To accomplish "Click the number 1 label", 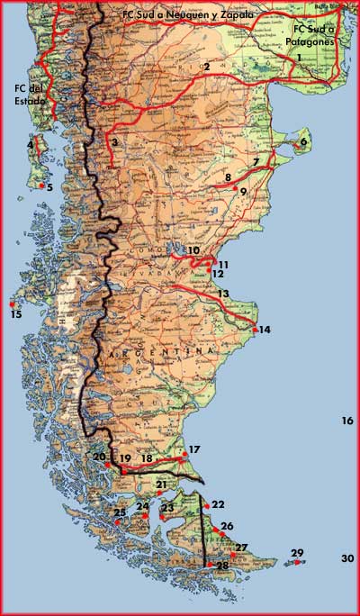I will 299,57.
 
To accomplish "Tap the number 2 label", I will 206,67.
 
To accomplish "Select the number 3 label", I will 114,142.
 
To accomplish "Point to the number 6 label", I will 303,141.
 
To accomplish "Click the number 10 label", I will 193,250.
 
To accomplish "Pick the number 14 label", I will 265,330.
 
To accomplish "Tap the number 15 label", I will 15,313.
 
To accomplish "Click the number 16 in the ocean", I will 347,421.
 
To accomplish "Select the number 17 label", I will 194,448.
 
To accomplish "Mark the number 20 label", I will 99,457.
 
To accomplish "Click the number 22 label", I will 218,504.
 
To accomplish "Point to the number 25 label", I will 120,512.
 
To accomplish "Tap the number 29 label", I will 298,553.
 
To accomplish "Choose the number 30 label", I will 347,558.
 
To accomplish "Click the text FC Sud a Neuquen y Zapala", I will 189,15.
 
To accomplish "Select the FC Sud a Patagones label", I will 310,35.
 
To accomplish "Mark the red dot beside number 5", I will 41,186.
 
